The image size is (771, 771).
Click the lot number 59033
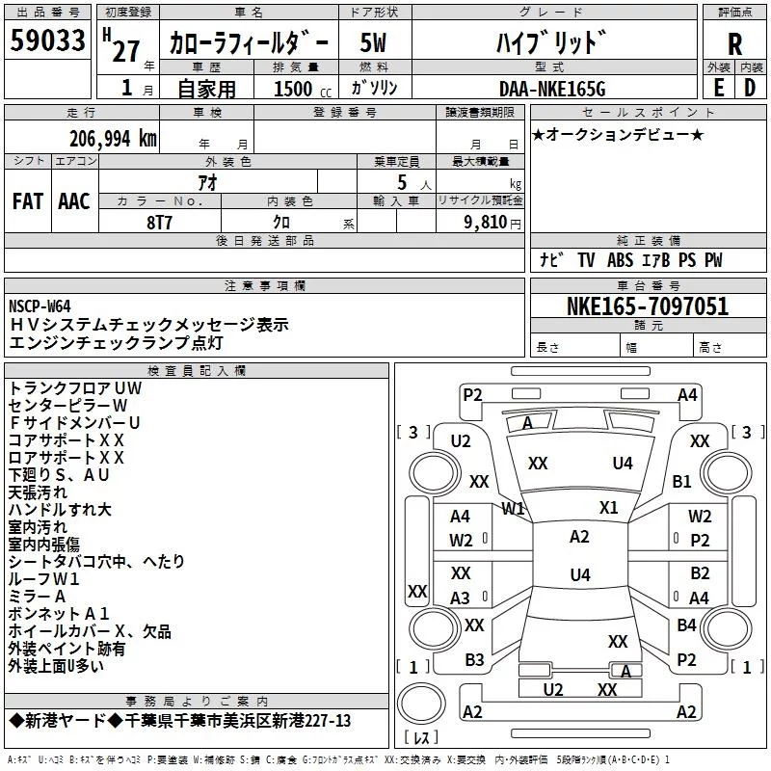click(x=47, y=40)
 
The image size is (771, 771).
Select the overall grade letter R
click(x=734, y=44)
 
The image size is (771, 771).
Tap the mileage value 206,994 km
click(x=113, y=139)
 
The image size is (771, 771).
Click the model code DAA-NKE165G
click(x=552, y=89)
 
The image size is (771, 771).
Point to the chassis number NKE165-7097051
click(x=648, y=306)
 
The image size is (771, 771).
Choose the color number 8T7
click(x=159, y=223)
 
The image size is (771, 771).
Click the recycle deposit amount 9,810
click(x=486, y=223)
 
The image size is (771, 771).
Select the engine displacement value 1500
click(x=293, y=89)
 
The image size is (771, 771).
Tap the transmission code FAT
click(x=28, y=201)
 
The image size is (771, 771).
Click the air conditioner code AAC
click(x=74, y=201)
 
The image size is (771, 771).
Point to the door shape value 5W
click(x=373, y=43)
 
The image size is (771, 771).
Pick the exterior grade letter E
click(x=719, y=89)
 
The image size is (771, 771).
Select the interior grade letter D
click(x=750, y=89)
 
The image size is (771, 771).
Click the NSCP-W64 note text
click(x=40, y=306)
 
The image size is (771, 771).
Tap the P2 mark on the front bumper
click(x=472, y=395)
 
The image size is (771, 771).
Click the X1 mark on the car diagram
click(x=609, y=508)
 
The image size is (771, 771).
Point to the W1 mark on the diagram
click(x=513, y=509)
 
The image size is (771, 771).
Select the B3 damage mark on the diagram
click(x=474, y=660)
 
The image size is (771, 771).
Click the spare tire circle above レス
click(x=421, y=704)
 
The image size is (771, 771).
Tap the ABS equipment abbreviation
click(x=620, y=260)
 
